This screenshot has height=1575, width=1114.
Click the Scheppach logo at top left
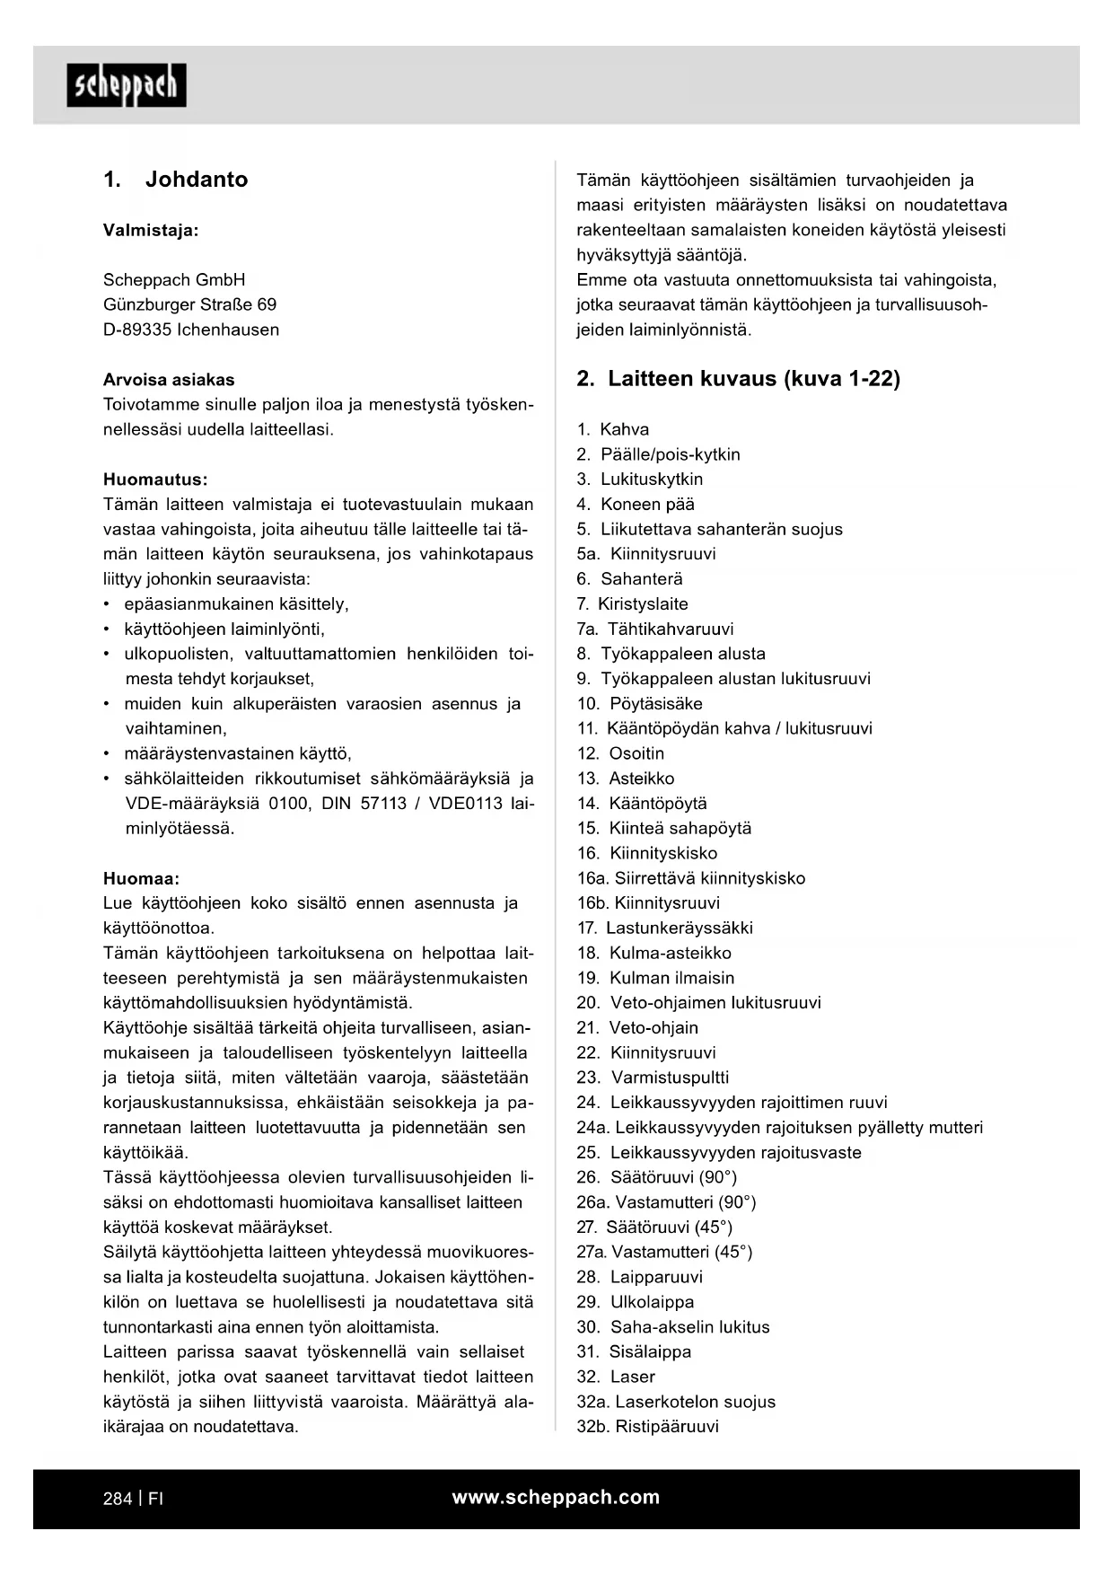[126, 85]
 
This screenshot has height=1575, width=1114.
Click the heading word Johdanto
[196, 180]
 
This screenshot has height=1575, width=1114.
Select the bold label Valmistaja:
[151, 231]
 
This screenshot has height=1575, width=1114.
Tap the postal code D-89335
[137, 330]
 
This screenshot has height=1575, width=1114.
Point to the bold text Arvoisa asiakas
[169, 380]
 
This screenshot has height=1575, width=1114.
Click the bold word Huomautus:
[155, 480]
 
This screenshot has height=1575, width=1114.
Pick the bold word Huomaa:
[141, 878]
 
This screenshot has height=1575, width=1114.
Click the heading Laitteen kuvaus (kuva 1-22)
[753, 379]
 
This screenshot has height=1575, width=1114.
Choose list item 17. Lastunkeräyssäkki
[665, 928]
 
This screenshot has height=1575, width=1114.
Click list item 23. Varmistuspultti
[653, 1078]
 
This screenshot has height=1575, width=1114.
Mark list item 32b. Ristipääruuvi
[647, 1427]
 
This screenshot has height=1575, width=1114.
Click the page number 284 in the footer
[118, 1499]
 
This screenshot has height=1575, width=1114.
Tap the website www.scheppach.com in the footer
[556, 1498]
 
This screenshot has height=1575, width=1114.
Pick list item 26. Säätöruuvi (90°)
[656, 1177]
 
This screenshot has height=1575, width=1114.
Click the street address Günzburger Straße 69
[190, 305]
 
